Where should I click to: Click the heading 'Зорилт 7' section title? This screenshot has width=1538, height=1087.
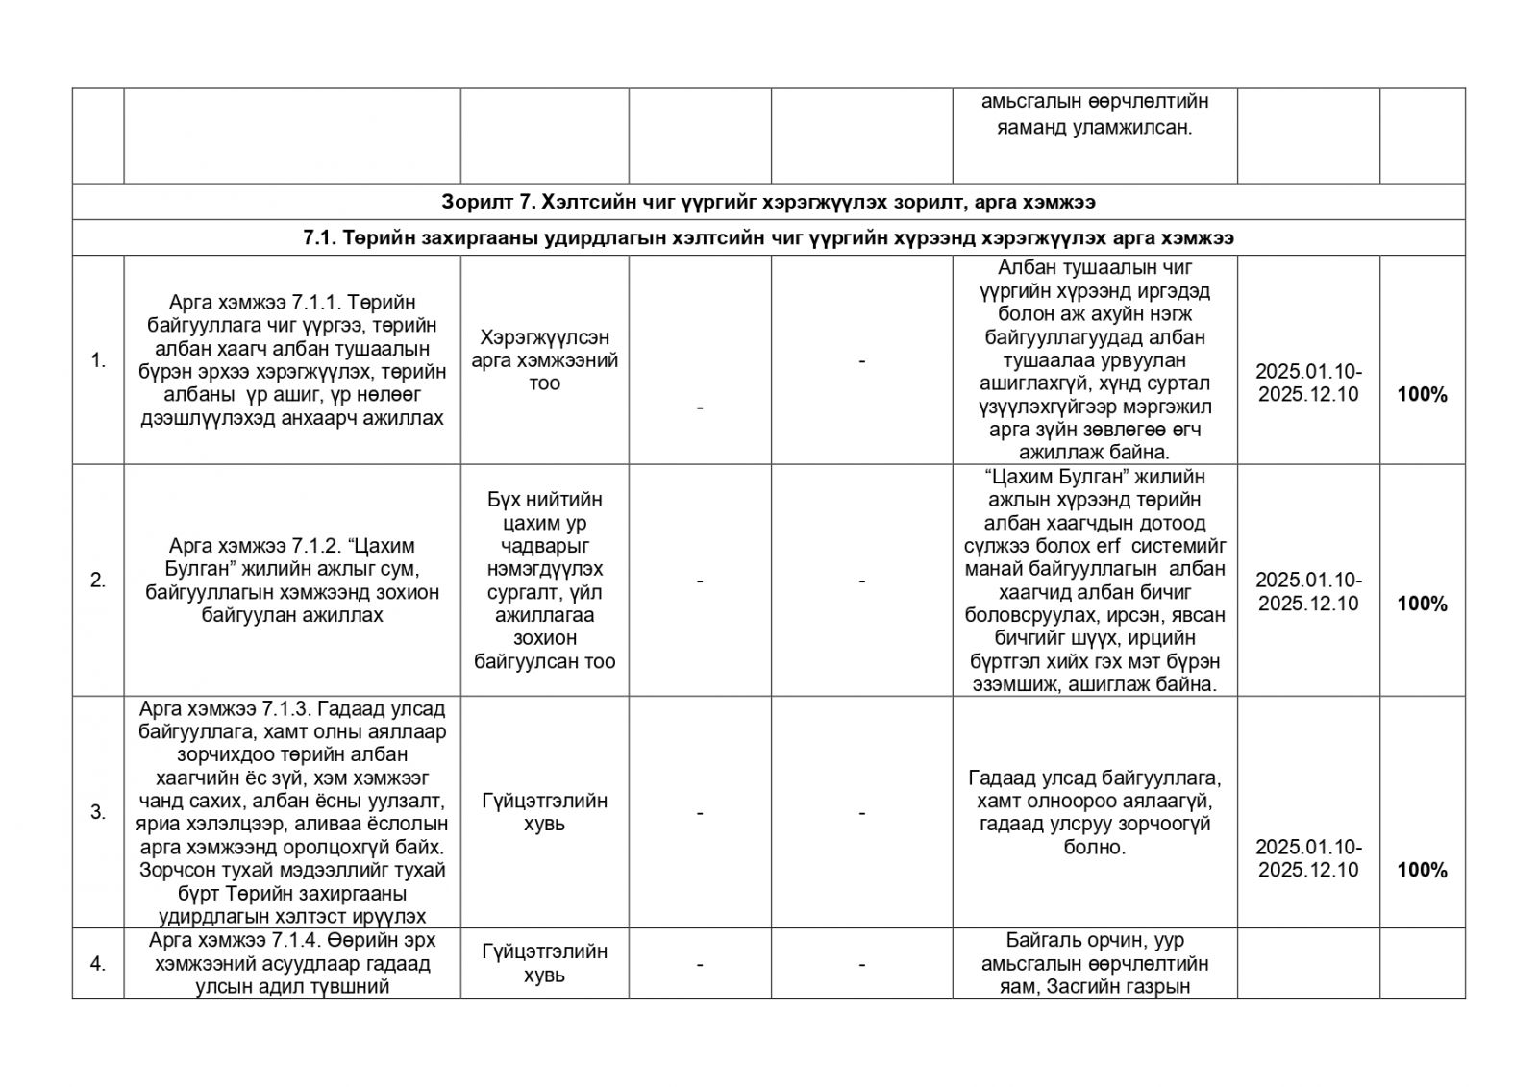point(768,203)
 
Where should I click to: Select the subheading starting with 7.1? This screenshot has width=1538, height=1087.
point(768,238)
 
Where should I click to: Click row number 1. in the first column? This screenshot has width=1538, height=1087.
point(98,361)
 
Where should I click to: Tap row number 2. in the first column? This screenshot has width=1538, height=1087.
point(98,581)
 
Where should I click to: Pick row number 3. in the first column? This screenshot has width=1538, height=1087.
point(98,812)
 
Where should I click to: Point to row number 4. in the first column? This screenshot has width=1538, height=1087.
point(98,963)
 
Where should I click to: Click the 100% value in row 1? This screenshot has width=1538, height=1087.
point(1422,395)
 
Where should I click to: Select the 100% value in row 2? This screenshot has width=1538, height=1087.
point(1422,604)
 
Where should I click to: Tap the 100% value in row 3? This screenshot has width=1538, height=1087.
point(1422,870)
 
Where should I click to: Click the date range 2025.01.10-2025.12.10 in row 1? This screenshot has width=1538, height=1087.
point(1308,383)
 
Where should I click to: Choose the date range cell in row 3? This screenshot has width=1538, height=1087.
point(1308,858)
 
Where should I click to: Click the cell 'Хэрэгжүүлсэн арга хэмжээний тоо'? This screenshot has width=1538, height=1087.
point(545,360)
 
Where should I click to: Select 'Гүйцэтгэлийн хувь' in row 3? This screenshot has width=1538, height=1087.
point(545,812)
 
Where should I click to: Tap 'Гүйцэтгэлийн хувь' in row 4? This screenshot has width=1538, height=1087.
point(545,963)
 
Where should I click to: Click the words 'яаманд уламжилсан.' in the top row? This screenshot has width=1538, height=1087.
point(1094,127)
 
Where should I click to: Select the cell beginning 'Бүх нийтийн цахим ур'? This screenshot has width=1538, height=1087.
point(545,581)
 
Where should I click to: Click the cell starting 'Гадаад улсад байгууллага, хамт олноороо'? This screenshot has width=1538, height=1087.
point(1094,812)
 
